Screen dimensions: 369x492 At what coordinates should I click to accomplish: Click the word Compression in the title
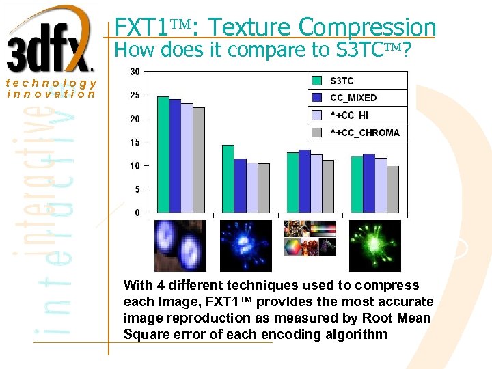coord(367,27)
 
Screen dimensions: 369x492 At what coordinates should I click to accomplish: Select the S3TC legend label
coord(342,81)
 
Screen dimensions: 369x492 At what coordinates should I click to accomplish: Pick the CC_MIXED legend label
coord(353,98)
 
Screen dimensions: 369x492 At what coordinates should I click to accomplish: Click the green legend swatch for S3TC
coord(317,81)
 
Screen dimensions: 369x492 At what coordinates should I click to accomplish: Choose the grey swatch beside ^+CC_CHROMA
coord(317,133)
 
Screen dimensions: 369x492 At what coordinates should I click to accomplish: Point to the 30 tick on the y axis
coord(135,72)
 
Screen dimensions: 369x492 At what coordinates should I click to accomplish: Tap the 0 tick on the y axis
coord(137,213)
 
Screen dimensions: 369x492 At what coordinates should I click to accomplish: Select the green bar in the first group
coord(163,154)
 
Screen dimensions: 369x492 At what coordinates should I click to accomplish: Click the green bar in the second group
coord(228,179)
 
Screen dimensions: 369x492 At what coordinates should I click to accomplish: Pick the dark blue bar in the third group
coord(305,181)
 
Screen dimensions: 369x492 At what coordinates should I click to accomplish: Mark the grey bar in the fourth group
coord(393,189)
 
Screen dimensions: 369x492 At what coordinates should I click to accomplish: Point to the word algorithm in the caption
coord(355,335)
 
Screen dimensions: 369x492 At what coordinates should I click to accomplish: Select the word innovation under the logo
coord(51,94)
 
